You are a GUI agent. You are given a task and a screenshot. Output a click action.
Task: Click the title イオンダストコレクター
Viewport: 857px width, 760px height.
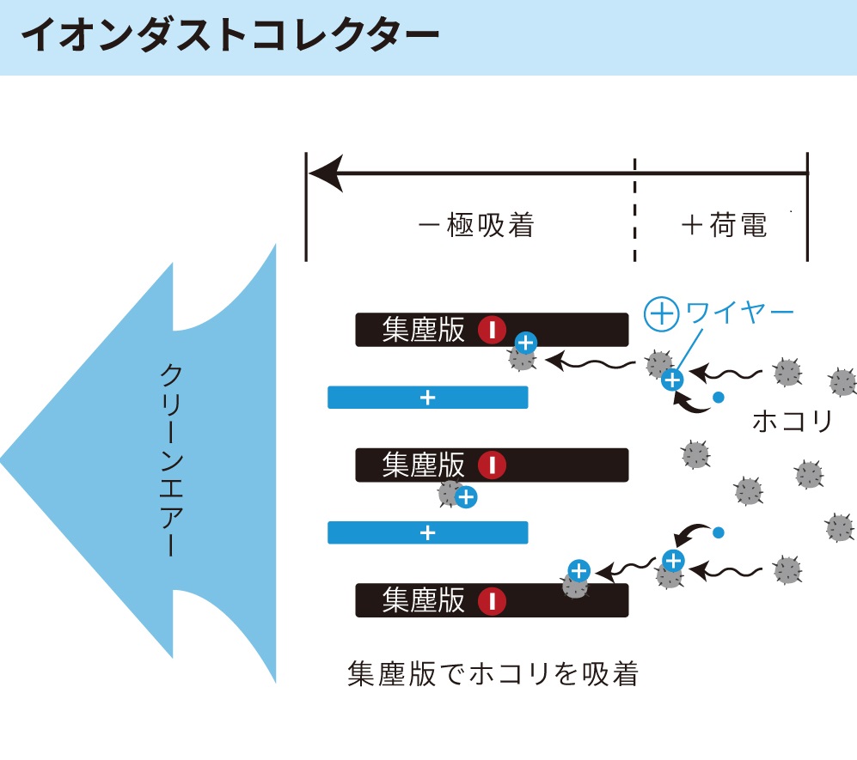pos(230,35)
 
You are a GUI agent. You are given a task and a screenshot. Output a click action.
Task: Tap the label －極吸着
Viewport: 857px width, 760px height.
pos(476,225)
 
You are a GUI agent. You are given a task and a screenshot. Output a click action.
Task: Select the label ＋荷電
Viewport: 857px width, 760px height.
pos(725,225)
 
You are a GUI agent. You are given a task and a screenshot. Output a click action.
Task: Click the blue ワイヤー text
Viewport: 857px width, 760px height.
pos(739,313)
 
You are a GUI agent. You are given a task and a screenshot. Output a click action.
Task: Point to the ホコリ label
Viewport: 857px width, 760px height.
pos(792,421)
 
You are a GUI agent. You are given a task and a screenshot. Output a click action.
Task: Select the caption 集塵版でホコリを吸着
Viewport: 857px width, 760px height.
pos(493,673)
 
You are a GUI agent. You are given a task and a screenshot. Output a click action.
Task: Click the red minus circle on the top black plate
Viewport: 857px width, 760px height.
pos(492,330)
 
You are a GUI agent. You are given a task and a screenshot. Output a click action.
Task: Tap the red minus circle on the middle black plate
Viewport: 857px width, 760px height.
pos(492,465)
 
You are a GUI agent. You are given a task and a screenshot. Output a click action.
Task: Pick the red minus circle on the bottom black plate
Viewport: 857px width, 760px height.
pos(492,600)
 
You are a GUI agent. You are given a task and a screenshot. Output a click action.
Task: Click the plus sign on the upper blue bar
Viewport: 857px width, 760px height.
pos(427,398)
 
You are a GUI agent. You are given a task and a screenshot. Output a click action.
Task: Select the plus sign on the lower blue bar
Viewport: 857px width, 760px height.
pos(427,533)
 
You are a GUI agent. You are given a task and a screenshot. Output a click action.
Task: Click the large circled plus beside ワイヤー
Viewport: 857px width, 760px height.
pos(661,314)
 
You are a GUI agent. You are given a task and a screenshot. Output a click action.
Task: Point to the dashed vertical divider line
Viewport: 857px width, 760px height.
pos(634,210)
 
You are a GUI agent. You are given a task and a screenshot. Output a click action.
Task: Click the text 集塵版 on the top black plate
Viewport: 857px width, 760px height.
pos(423,330)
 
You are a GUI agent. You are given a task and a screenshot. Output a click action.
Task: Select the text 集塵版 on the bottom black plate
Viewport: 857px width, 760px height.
pos(423,600)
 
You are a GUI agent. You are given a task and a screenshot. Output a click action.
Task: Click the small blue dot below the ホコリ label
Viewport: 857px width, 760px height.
pos(719,532)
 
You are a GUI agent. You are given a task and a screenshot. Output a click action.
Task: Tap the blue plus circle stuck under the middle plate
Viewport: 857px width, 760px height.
pos(466,497)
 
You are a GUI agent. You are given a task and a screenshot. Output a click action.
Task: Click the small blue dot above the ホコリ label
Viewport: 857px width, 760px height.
pos(719,398)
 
